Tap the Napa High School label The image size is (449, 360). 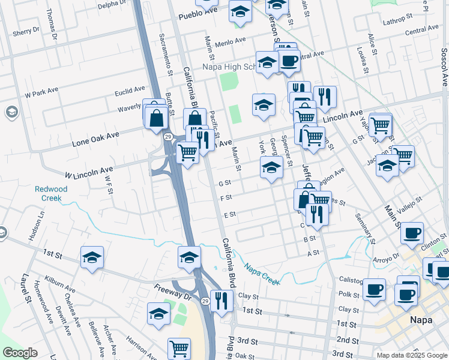[229, 67]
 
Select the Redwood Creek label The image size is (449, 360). [51, 193]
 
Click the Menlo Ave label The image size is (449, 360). [231, 41]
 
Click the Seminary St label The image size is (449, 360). [364, 229]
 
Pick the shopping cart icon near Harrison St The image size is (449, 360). [179, 347]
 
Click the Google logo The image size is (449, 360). [20, 353]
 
